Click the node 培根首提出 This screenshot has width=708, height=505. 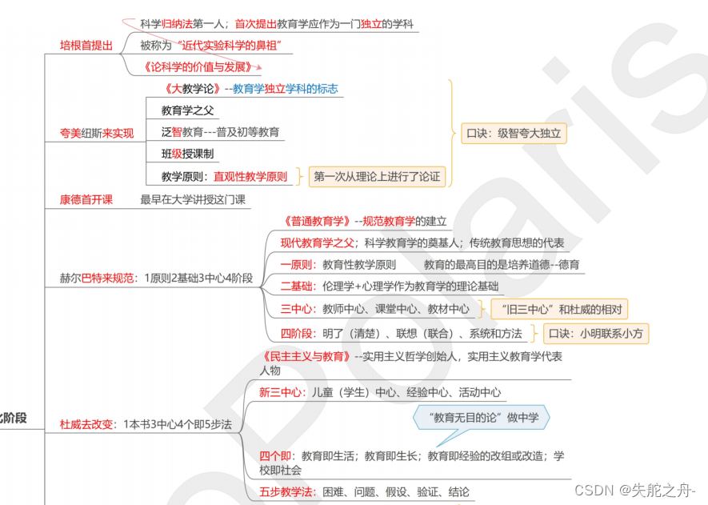pos(86,45)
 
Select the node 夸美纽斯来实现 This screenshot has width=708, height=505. pos(97,133)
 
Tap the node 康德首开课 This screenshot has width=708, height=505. pos(86,200)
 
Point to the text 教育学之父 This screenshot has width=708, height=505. pos(188,110)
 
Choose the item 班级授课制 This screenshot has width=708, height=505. pos(187,154)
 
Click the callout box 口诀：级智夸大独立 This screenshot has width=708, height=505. pos(514,133)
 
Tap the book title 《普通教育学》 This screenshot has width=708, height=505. pos(318,222)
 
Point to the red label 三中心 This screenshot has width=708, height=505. pos(296,309)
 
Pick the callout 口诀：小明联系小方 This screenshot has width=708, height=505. pos(597,332)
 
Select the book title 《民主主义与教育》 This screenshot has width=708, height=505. pos(306,356)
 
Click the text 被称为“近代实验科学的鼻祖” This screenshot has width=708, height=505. pos(211,46)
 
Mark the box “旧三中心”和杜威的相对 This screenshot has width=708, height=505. pos(558,310)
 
